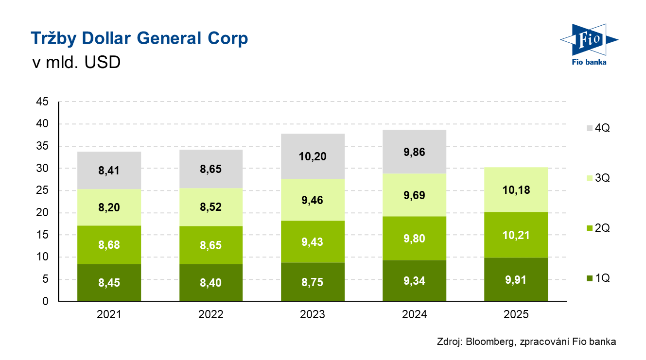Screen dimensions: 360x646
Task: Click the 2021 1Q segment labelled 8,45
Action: point(109,283)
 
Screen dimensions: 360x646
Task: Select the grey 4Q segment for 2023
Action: point(313,156)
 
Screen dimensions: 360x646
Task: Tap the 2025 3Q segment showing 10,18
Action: point(516,189)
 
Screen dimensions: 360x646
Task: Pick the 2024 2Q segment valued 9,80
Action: point(414,238)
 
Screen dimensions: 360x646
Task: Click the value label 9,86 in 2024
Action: point(414,153)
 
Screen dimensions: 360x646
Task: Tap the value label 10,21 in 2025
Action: point(516,235)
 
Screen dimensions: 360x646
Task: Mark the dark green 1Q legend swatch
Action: point(589,278)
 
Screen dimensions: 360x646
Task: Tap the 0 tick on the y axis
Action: point(46,301)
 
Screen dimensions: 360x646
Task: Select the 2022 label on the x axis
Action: point(211,315)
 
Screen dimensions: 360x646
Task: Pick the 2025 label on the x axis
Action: point(516,315)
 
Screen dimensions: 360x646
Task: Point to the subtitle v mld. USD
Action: point(75,63)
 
